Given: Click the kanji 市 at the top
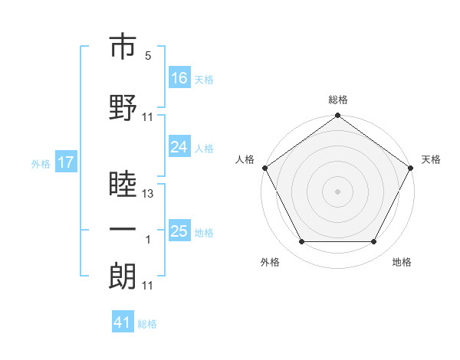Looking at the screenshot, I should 123,47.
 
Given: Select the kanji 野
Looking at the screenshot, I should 123,106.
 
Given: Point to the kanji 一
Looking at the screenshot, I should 123,229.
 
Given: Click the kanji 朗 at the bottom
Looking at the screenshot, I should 123,276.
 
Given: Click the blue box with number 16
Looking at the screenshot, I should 179,78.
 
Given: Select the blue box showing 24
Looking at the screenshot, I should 179,147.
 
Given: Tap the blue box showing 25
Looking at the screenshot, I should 179,231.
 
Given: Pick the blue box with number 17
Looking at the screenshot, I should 66,162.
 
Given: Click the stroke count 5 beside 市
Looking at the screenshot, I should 148,56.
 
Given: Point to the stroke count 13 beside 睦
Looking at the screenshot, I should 148,194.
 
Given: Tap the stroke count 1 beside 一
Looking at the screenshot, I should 148,240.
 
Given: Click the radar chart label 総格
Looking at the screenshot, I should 338,100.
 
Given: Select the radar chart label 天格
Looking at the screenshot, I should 431,159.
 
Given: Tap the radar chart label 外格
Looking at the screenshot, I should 270,262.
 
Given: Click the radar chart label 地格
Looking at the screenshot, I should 402,262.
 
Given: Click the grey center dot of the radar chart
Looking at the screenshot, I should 338,191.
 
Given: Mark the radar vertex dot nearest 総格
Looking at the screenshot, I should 338,116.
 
